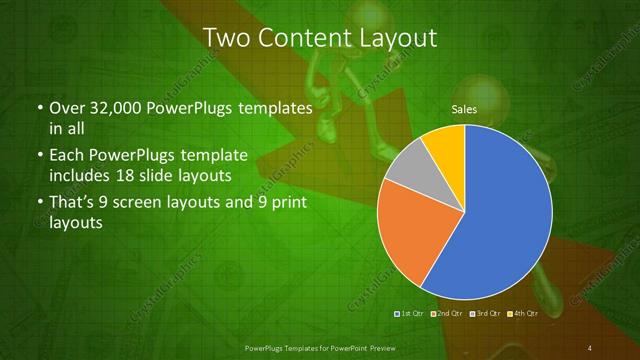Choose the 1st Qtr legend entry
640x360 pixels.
tap(411, 313)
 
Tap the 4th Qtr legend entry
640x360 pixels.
tap(524, 313)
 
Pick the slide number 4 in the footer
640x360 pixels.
tap(590, 347)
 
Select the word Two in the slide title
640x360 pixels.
tap(226, 39)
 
